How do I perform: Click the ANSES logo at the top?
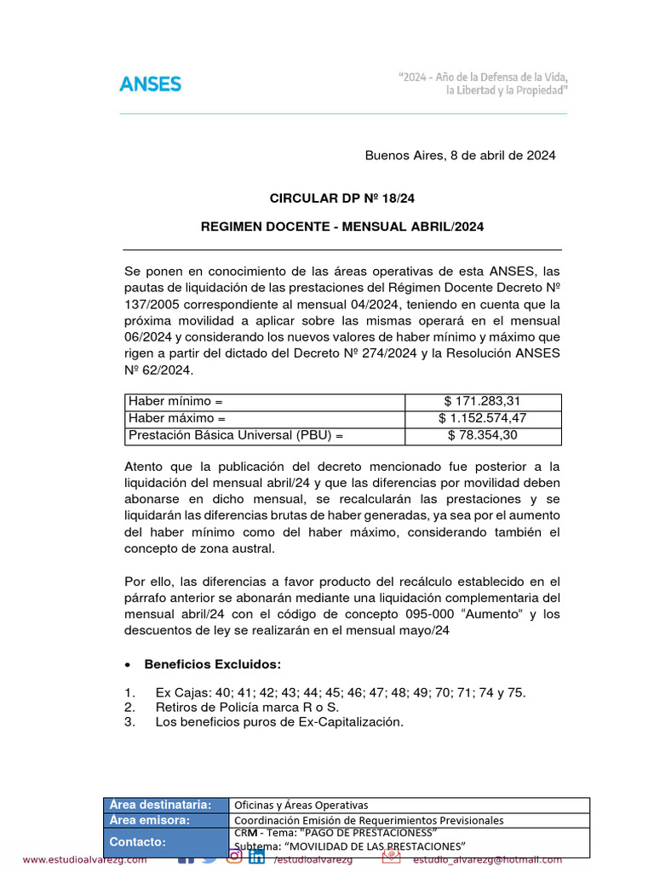[150, 83]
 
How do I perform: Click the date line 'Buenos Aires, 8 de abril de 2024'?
[460, 155]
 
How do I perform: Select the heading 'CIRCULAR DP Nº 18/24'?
[341, 198]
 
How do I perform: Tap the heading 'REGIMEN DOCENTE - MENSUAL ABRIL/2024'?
[341, 227]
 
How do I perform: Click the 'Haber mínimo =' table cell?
[175, 401]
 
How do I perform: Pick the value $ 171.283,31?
[483, 401]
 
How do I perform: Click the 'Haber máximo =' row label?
[177, 418]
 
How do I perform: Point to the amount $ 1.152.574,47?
[483, 418]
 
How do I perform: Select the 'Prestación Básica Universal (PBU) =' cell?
[236, 435]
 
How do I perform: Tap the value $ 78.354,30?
[483, 435]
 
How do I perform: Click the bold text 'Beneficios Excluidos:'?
[213, 663]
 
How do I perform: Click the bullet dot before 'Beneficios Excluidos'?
[128, 664]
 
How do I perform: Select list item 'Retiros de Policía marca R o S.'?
[247, 707]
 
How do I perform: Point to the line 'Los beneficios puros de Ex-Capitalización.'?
[278, 721]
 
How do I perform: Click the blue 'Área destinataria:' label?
[160, 805]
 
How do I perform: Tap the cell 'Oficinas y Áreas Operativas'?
[301, 805]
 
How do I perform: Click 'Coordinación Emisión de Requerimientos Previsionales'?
[369, 820]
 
